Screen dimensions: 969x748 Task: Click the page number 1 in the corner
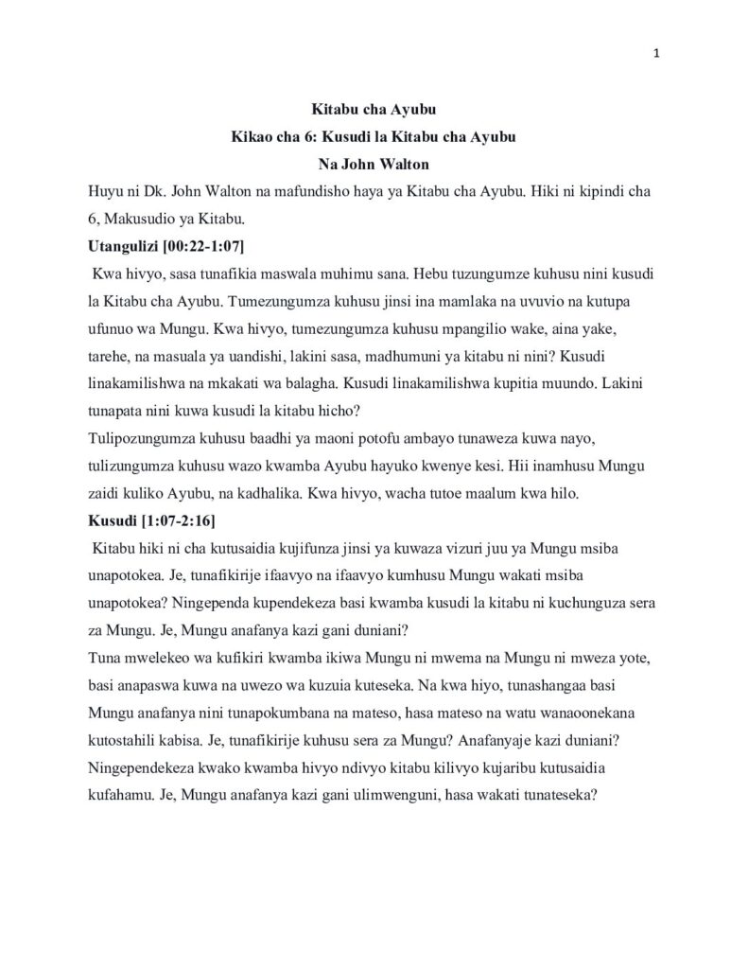[656, 53]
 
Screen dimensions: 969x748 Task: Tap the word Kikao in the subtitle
[252, 137]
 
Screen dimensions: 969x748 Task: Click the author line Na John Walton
[374, 164]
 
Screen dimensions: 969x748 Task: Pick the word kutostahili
[125, 742]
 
